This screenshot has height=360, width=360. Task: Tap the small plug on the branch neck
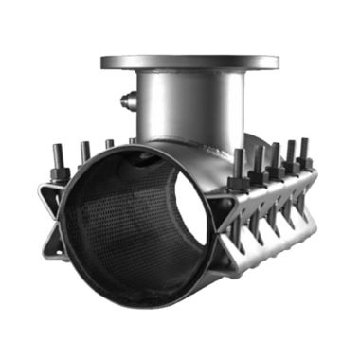click(x=126, y=99)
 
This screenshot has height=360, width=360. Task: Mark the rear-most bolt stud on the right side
click(x=306, y=147)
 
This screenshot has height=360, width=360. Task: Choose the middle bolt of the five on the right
click(x=275, y=154)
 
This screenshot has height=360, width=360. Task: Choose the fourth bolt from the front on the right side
click(x=291, y=151)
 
